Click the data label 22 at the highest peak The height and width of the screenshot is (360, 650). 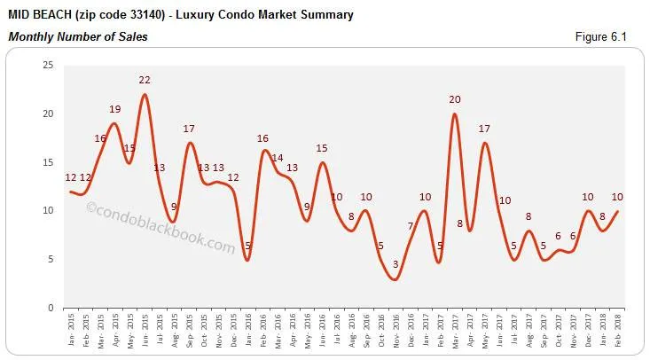click(145, 81)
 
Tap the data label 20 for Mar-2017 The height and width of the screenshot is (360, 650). click(455, 99)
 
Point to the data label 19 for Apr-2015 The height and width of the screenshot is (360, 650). click(114, 109)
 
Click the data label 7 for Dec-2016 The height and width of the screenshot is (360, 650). click(411, 226)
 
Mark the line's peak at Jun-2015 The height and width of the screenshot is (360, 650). click(145, 95)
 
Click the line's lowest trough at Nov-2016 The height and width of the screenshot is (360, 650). click(395, 279)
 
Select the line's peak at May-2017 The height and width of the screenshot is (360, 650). click(484, 143)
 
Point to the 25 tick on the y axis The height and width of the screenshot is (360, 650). click(48, 65)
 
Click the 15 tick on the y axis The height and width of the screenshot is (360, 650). click(48, 162)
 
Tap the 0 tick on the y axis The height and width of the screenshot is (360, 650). click(51, 308)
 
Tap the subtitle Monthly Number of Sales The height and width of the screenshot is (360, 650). click(78, 36)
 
